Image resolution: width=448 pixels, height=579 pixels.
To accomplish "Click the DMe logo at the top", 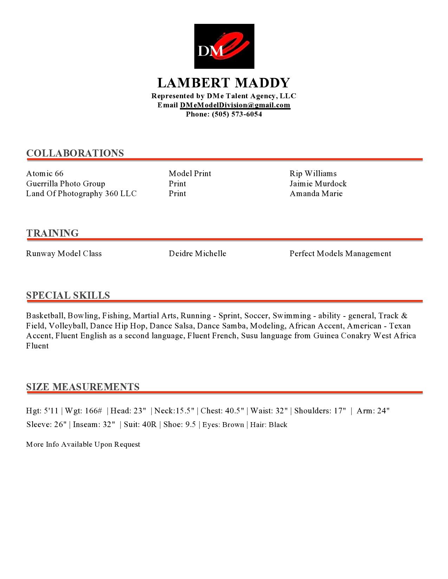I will (x=224, y=46).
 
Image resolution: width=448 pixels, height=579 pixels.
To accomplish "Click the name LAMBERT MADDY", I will (x=224, y=83).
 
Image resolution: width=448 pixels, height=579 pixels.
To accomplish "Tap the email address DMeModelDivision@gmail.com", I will (x=235, y=105).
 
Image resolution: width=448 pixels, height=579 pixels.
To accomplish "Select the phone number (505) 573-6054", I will (x=237, y=114).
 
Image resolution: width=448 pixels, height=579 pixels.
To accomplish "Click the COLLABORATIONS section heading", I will (x=75, y=153).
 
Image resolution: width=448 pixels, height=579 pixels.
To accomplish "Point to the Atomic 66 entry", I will (x=45, y=174).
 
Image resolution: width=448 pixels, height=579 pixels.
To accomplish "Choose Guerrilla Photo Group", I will (x=66, y=184).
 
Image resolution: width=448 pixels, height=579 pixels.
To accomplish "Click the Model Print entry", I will (x=190, y=174).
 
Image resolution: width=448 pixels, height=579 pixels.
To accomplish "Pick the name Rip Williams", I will (x=313, y=174).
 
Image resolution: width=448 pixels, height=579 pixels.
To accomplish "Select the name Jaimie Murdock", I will (x=318, y=184).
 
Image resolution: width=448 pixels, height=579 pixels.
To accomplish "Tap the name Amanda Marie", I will (x=316, y=194).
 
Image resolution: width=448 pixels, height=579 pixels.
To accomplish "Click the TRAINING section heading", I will (x=52, y=233).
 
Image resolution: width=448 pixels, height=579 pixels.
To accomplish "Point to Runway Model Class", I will (x=64, y=254).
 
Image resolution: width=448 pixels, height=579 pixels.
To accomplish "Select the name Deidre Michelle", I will (x=197, y=254).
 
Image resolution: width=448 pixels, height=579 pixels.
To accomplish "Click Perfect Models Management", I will (x=340, y=254).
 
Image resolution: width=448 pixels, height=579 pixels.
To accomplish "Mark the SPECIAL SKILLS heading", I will (x=68, y=295).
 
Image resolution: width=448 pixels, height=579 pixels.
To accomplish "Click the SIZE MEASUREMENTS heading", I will (x=83, y=387).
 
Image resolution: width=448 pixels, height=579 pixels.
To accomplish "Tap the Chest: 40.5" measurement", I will (x=222, y=411).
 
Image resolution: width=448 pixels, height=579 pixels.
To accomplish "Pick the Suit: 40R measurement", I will (x=140, y=425).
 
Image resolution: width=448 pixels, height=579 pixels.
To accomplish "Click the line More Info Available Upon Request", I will (x=83, y=445).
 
